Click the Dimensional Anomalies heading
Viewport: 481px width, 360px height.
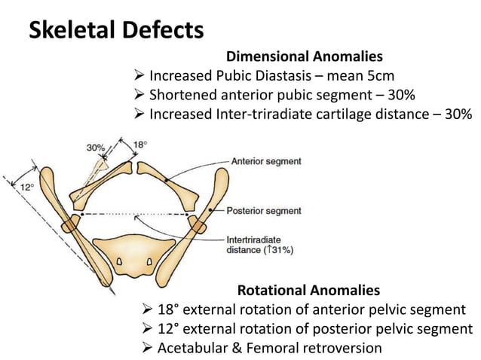pos(304,56)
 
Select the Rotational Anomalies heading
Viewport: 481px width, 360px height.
pos(308,290)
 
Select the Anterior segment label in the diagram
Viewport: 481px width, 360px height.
pos(266,161)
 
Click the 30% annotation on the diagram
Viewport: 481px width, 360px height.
pos(95,148)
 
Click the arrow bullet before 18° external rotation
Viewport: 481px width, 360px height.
pos(148,310)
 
